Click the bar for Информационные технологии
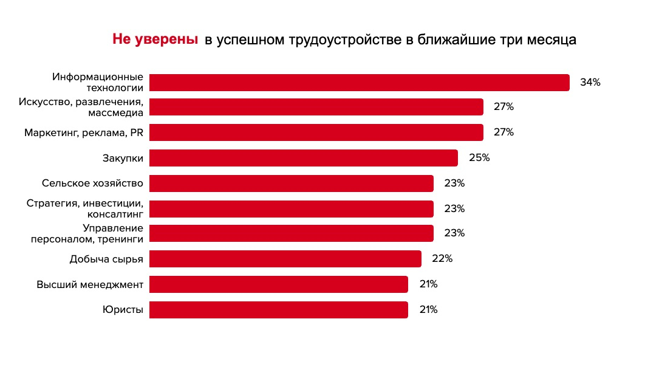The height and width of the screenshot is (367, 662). (x=359, y=83)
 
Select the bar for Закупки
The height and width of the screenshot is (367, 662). (x=303, y=158)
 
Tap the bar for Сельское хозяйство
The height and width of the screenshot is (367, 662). (x=291, y=184)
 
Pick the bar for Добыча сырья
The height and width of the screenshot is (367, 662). (x=285, y=259)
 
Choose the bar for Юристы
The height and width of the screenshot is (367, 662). (x=278, y=310)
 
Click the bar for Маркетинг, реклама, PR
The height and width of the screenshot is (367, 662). (x=316, y=132)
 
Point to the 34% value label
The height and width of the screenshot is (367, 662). (x=590, y=83)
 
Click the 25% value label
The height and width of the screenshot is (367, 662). (x=479, y=158)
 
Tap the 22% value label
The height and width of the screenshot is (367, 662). (x=442, y=259)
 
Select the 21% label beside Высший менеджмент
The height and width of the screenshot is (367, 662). (x=428, y=284)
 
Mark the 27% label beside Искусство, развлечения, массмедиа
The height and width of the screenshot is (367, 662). (x=503, y=107)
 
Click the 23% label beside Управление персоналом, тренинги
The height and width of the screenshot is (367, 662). (x=454, y=233)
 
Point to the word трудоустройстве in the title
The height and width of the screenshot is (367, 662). (x=348, y=41)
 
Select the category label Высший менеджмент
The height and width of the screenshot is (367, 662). (x=90, y=284)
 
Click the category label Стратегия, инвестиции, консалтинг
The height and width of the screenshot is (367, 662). (x=85, y=208)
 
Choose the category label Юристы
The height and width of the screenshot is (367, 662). (x=123, y=310)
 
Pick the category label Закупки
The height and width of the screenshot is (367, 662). (x=123, y=159)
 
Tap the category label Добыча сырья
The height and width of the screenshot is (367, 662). (x=106, y=259)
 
